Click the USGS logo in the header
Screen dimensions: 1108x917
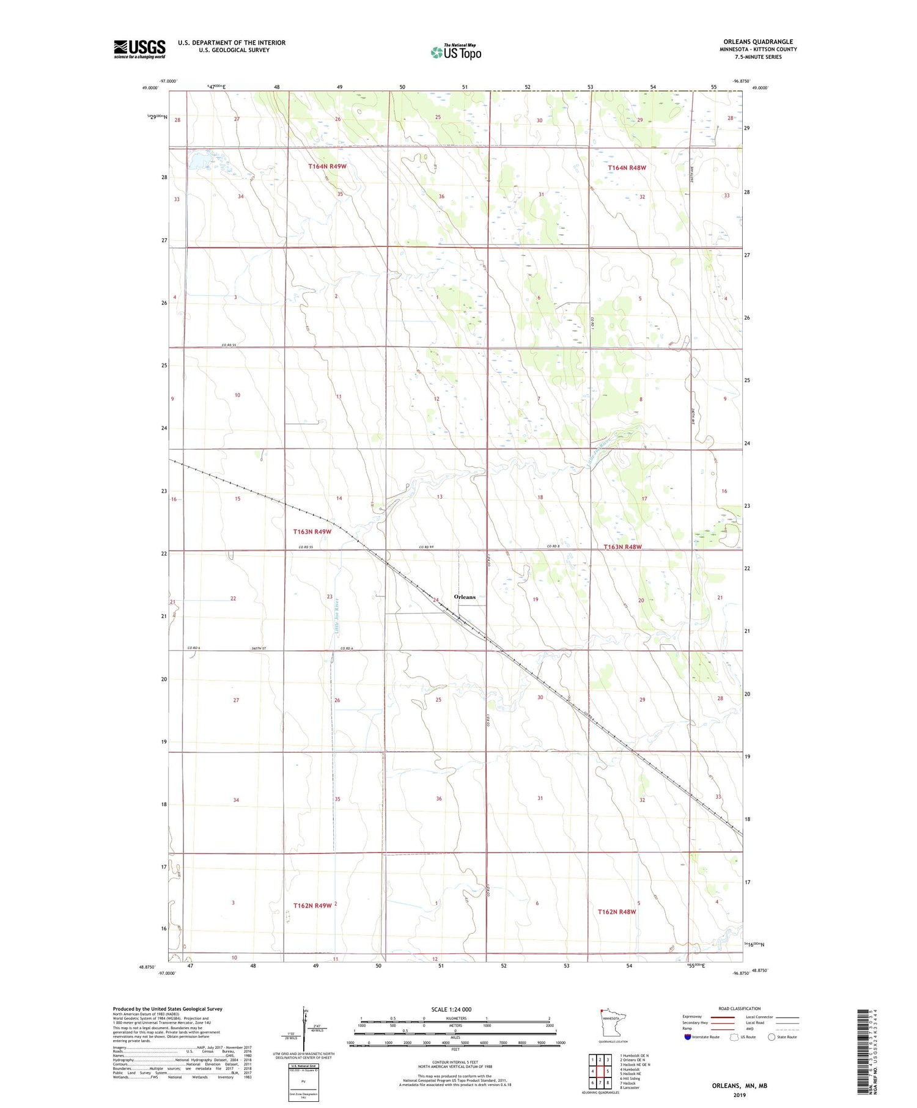[139, 49]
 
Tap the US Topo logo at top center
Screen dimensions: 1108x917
[456, 53]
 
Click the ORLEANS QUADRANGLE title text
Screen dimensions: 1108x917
[758, 42]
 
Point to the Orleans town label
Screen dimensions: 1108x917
[465, 596]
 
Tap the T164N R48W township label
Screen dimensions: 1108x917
[627, 167]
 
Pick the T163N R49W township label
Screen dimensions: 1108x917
[312, 532]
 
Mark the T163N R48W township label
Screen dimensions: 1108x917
[622, 547]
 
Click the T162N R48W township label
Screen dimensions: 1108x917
[617, 911]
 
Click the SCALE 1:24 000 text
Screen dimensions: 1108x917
[452, 1009]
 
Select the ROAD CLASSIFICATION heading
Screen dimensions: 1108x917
[740, 1008]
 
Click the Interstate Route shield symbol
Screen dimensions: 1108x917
[687, 1036]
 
